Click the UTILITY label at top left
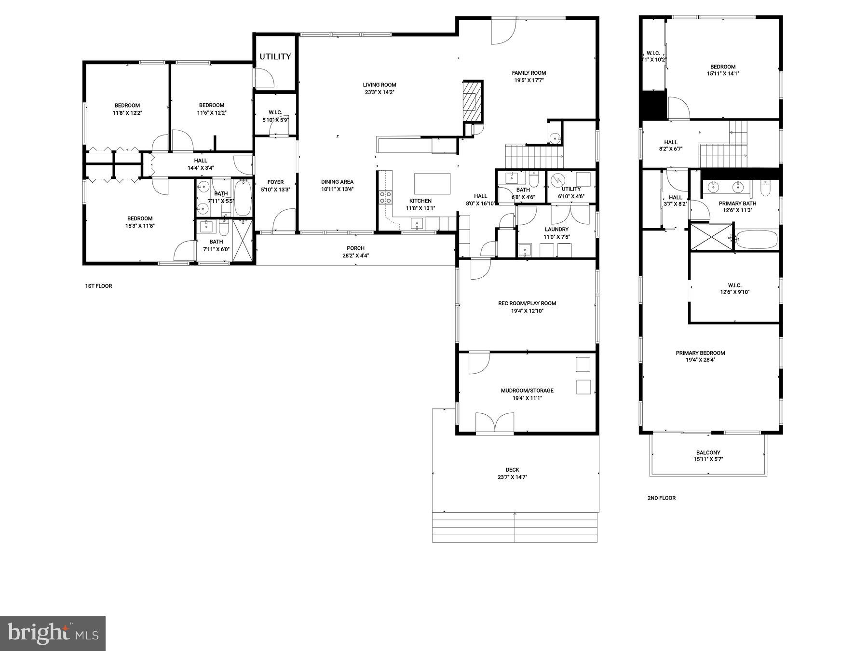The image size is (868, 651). coord(275,56)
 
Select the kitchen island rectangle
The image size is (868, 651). coord(432,183)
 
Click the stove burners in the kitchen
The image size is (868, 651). coord(385,197)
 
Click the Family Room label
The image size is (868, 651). coord(529,73)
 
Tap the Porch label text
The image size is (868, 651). coord(355,248)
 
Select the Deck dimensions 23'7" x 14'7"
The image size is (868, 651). coord(512,477)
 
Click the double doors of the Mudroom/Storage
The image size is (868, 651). coord(494,423)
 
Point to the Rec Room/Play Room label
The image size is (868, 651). coord(527,303)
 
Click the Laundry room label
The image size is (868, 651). coord(556,230)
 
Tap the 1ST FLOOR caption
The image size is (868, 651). coord(98,286)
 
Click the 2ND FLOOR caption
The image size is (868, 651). coord(661,498)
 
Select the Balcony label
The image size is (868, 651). coord(708,452)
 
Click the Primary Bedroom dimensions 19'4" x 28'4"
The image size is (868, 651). coord(700,360)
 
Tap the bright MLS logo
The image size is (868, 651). coord(53,634)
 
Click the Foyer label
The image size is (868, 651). coord(275,182)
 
